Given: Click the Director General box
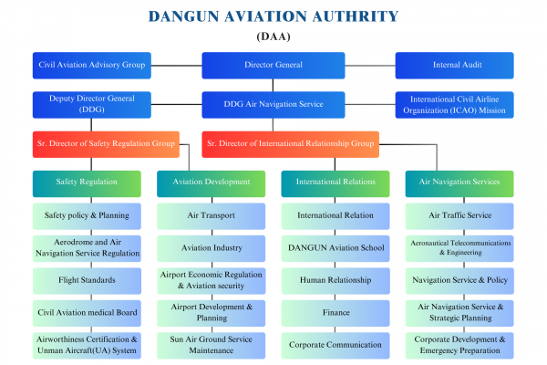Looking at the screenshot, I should (273, 66).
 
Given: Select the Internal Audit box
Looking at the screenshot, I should (453, 66).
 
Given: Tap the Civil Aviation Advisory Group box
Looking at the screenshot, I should (92, 66).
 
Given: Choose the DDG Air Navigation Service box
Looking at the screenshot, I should (273, 104).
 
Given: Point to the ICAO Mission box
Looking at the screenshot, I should (453, 104).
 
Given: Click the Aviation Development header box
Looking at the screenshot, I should (211, 182).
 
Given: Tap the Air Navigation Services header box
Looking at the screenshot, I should (459, 182).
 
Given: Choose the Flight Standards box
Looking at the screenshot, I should (88, 280).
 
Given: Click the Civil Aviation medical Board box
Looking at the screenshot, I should (88, 312).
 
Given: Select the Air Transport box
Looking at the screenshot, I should (211, 216).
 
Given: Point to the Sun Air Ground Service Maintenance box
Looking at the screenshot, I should (211, 345).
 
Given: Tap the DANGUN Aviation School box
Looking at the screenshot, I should (335, 248).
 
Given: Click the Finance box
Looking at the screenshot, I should (335, 312).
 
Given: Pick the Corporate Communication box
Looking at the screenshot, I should (335, 345).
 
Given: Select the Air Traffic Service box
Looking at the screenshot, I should (459, 216).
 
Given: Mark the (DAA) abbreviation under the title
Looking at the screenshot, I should (273, 36).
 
